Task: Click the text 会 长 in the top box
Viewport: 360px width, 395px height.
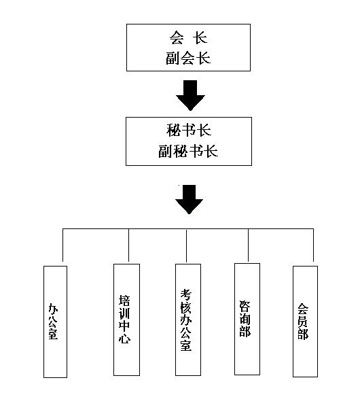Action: [x=188, y=38]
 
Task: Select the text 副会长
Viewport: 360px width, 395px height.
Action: [x=188, y=58]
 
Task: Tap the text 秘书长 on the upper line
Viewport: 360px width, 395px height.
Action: [x=189, y=130]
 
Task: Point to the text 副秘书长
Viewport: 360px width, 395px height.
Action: [x=188, y=151]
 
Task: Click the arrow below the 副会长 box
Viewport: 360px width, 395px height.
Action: [x=190, y=95]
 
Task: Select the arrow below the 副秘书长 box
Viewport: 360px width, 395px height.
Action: [x=189, y=199]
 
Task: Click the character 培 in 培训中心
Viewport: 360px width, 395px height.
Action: [x=124, y=300]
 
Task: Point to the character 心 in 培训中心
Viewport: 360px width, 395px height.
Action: [x=124, y=338]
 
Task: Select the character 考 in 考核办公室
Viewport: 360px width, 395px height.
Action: [x=186, y=295]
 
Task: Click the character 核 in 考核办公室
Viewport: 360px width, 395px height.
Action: [x=186, y=307]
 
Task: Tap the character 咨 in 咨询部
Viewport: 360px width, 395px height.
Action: [x=245, y=306]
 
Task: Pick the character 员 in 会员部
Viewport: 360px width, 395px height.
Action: [x=303, y=321]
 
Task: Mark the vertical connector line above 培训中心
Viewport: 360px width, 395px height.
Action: [x=128, y=245]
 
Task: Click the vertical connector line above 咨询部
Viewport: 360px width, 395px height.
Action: [x=248, y=245]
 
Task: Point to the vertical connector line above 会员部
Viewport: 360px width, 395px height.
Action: [x=313, y=245]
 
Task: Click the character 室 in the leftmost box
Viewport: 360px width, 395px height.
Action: [x=53, y=334]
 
